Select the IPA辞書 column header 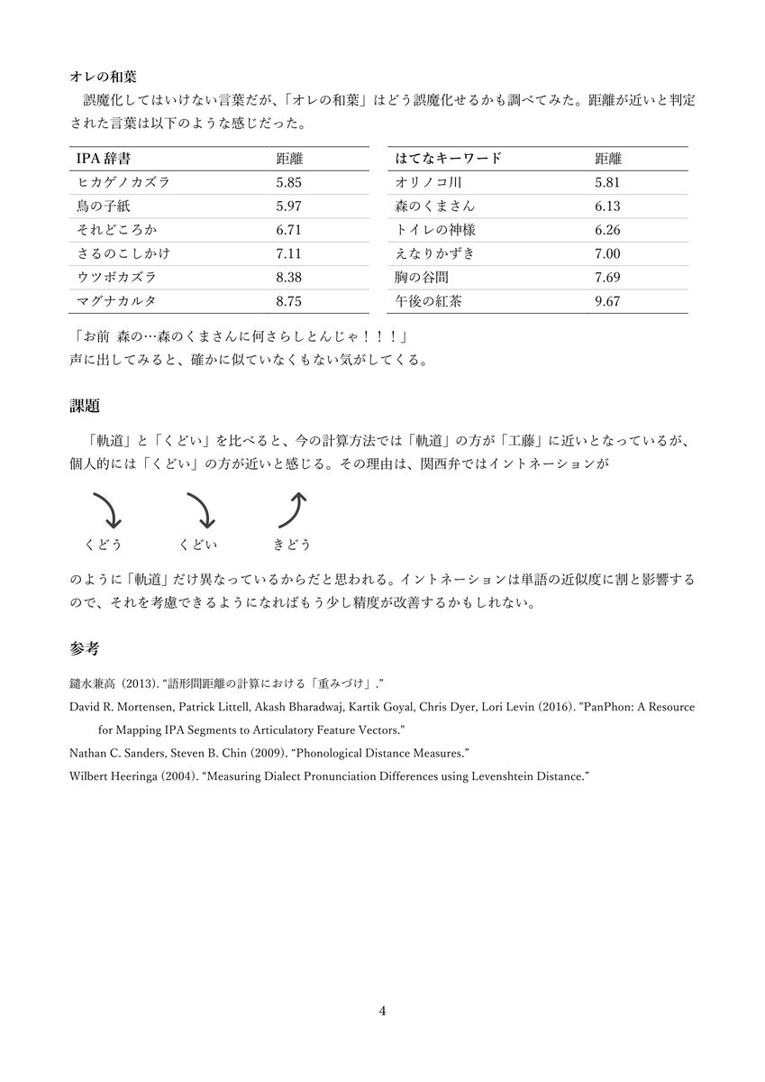[104, 159]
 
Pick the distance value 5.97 [289, 206]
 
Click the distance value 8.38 [289, 277]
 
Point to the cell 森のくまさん [435, 206]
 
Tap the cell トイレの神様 [435, 230]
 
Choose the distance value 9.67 [607, 301]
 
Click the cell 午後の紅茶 [429, 301]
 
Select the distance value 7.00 [607, 253]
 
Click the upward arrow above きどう [294, 509]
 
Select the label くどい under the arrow [199, 545]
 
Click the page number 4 [382, 1011]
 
